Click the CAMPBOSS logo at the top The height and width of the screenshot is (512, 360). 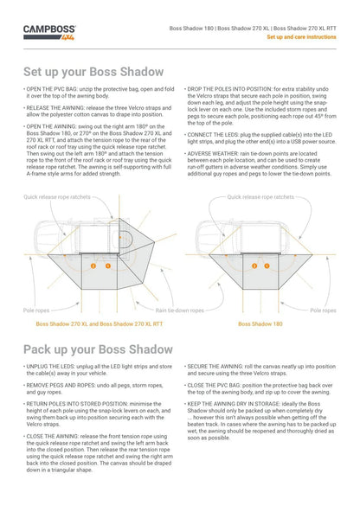(x=49, y=33)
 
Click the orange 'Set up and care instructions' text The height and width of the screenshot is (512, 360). (x=301, y=37)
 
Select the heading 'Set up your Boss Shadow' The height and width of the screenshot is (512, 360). (x=93, y=72)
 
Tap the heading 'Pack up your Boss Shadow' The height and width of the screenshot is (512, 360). (x=98, y=349)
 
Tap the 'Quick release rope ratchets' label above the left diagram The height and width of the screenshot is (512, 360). (x=57, y=197)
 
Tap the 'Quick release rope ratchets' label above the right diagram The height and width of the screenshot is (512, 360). (x=260, y=197)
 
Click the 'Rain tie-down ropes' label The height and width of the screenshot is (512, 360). (x=180, y=310)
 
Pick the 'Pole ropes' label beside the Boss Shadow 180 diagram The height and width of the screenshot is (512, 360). (x=323, y=310)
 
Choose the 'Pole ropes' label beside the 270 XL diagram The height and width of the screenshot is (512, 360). (x=36, y=310)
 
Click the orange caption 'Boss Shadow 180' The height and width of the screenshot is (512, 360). (x=260, y=324)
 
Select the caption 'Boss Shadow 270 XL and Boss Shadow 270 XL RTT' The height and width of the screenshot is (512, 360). (x=100, y=324)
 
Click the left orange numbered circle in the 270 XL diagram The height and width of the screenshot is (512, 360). (x=93, y=266)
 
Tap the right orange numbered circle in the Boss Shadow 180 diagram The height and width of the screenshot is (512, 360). (x=267, y=266)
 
